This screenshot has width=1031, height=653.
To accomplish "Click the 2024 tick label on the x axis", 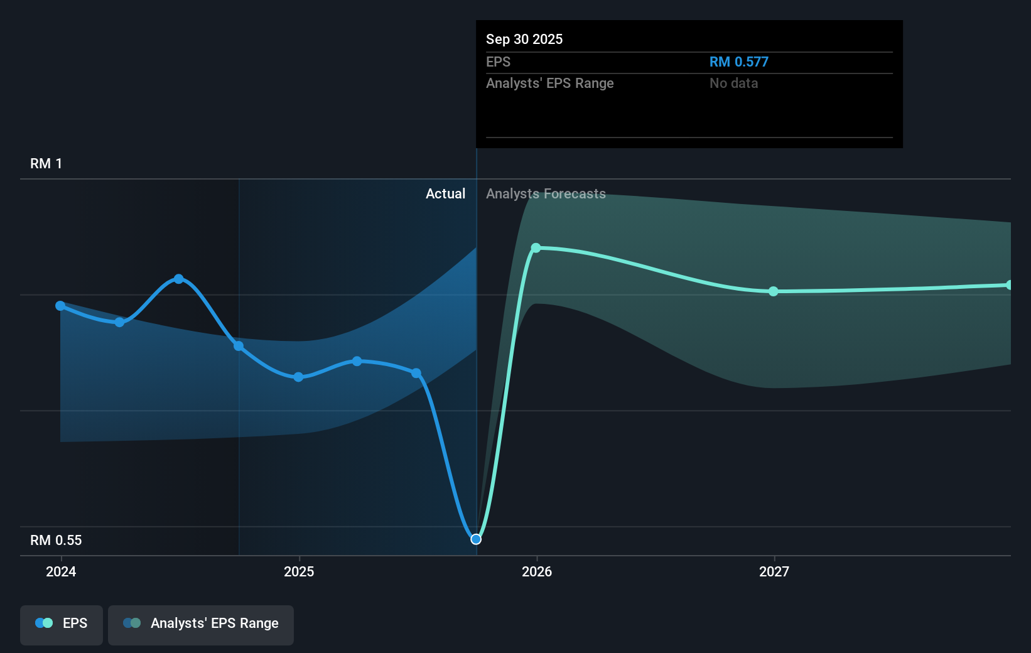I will pos(61,571).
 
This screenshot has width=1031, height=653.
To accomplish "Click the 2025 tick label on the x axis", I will pos(299,571).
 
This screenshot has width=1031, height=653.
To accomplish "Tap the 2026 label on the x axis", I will pos(537,571).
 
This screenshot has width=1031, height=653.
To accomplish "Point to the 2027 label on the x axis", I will pos(774,571).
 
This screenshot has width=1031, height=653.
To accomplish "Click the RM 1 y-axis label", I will pos(46,164).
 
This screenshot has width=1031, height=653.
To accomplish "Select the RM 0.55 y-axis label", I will pos(56,541).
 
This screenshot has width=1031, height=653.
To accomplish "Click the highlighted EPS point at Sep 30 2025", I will pos(476,539).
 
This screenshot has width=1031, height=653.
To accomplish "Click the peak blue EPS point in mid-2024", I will pos(179,279).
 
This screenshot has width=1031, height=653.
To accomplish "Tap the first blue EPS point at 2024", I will pos(60,306).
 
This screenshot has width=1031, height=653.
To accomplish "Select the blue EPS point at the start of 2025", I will pos(298,377).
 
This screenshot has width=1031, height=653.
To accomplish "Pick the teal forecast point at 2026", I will pos(536,248).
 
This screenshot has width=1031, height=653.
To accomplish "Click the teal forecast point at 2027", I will pos(774,291).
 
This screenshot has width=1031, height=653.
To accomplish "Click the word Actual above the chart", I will pos(445,194).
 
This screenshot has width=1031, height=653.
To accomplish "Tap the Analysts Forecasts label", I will pos(546,194).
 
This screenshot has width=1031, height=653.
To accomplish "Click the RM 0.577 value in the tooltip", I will pos(738,62).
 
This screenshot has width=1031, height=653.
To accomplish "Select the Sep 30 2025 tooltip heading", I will pos(524,40).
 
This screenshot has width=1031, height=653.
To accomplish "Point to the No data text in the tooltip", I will pos(733,84).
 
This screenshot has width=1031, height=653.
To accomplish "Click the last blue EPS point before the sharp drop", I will pos(416,373).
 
